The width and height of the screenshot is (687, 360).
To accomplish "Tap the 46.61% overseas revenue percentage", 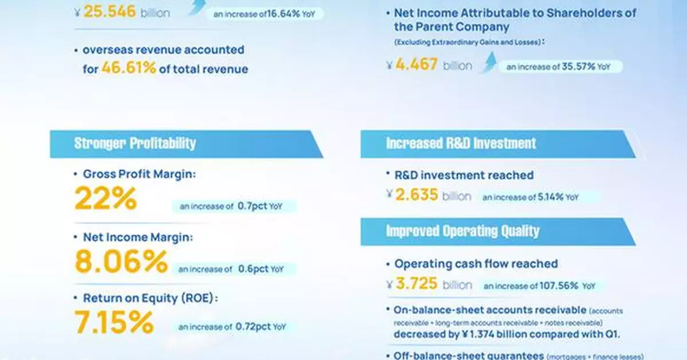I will click(x=129, y=69).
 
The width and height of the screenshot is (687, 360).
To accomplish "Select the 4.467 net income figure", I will click(x=416, y=65).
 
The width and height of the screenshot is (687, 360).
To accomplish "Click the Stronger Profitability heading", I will click(x=135, y=143).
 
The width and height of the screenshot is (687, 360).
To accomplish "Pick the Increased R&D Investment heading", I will click(x=461, y=143).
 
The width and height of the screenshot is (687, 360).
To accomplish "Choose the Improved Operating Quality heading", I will click(x=463, y=231).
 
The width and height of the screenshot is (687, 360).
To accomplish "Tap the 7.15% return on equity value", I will click(x=114, y=322).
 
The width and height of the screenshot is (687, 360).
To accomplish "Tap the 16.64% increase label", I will click(x=267, y=14).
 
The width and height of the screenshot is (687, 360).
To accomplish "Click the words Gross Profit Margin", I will click(x=139, y=175).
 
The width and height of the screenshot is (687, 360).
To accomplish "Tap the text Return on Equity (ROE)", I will click(x=151, y=298).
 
